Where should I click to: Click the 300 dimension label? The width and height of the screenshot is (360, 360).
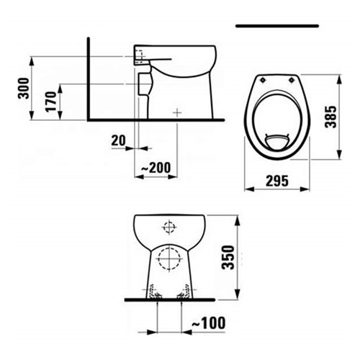click(x=24, y=89)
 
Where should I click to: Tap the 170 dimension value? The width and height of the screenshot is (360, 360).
click(x=51, y=102)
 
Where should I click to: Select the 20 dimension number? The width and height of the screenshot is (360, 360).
click(x=118, y=140)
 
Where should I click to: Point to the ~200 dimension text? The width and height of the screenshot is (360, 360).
click(x=156, y=168)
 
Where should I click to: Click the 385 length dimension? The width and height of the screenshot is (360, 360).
click(x=330, y=117)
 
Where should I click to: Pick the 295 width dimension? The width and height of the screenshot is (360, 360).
click(x=277, y=181)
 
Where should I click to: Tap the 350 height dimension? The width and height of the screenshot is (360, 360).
click(x=228, y=257)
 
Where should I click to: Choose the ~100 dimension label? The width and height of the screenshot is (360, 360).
click(x=209, y=323)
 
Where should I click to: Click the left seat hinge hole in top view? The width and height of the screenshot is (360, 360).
click(x=263, y=80)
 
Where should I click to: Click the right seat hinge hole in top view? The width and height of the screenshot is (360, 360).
click(x=292, y=80)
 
